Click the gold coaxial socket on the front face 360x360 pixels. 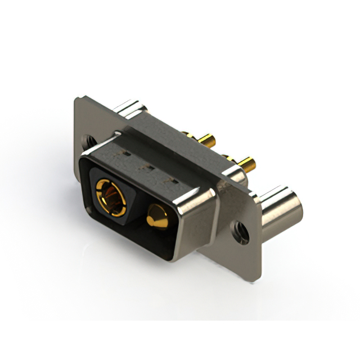tap(108, 193)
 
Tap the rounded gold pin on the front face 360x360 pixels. tap(158, 218)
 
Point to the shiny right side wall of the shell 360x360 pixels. tap(202, 217)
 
